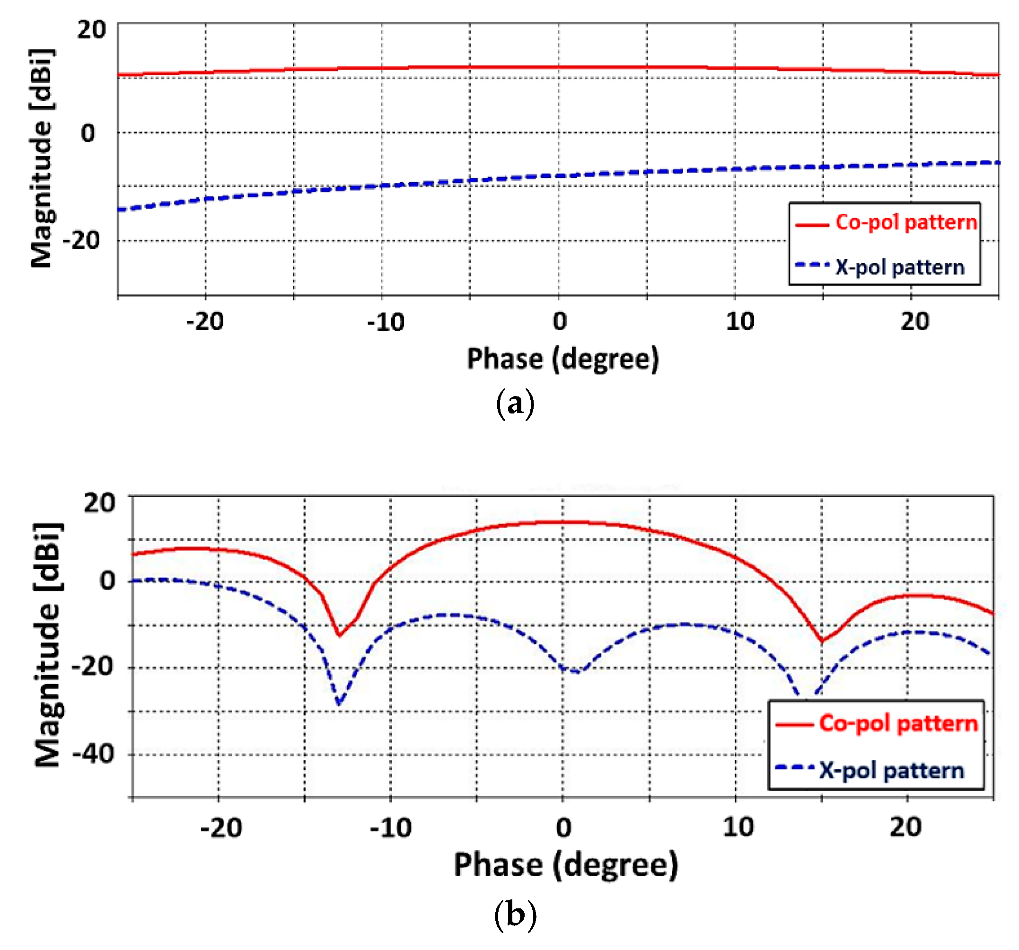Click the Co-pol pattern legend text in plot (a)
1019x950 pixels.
[906, 222]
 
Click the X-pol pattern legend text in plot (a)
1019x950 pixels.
[900, 268]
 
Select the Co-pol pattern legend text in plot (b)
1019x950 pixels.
[898, 723]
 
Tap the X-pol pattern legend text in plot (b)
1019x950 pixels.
[891, 771]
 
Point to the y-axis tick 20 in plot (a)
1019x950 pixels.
[91, 30]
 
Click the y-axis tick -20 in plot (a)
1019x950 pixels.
[81, 240]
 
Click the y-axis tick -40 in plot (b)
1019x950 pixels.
[93, 754]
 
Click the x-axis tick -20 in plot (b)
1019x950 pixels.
[220, 828]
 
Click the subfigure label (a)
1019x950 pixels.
[515, 405]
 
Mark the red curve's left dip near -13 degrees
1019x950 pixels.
[339, 635]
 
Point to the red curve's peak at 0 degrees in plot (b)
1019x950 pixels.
[563, 522]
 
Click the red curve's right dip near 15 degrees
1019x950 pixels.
[822, 640]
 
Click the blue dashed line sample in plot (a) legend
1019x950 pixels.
[812, 265]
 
